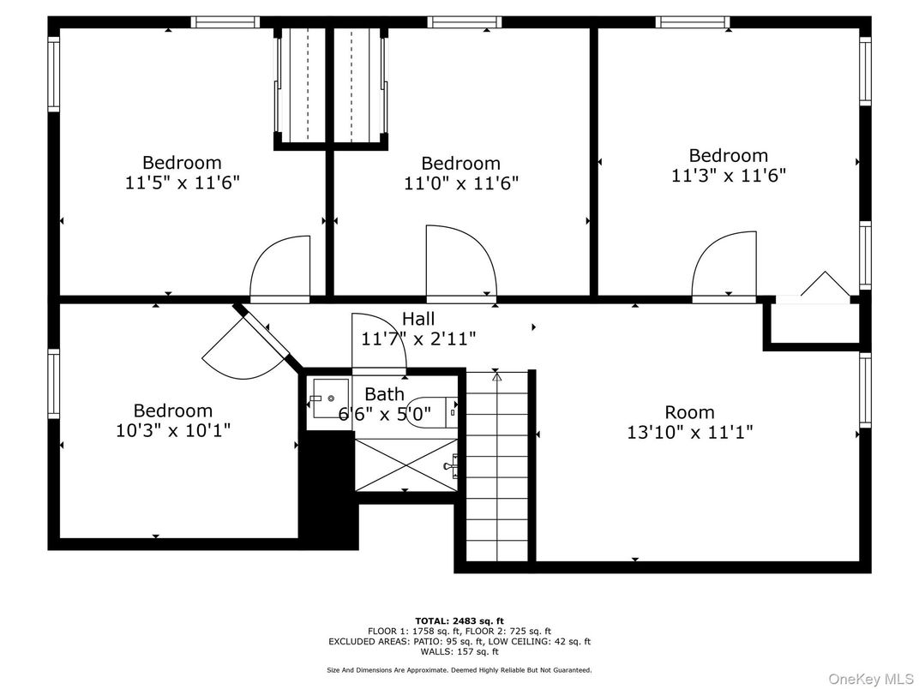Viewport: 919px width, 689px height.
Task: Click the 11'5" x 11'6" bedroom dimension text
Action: tap(182, 182)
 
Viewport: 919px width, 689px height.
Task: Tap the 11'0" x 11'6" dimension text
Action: tap(461, 183)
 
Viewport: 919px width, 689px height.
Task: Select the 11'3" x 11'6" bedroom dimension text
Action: tap(729, 175)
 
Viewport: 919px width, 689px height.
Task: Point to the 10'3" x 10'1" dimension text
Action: tap(173, 429)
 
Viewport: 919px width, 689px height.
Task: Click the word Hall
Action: tap(417, 320)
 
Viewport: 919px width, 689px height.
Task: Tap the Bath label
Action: tap(384, 394)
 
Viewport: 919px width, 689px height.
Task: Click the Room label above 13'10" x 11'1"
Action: tap(689, 412)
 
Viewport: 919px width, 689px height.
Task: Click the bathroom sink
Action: tap(328, 398)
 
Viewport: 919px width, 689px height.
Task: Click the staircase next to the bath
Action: tap(497, 467)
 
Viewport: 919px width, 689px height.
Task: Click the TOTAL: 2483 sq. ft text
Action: tap(459, 620)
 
